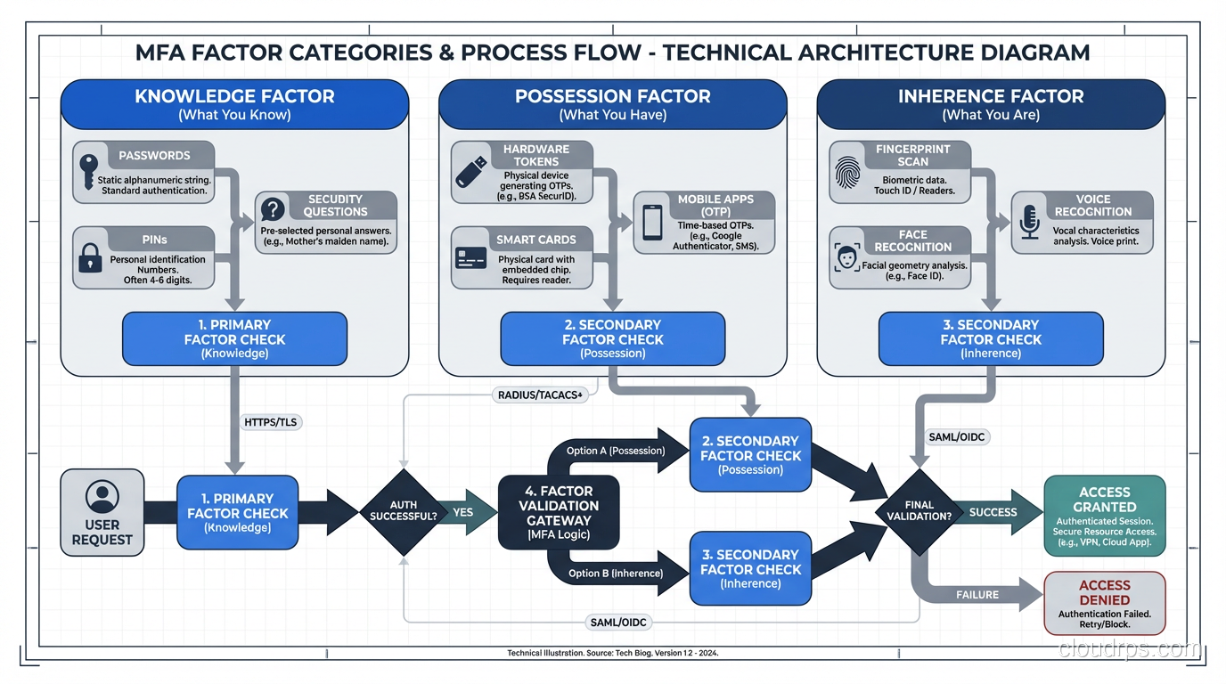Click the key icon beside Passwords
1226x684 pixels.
click(x=88, y=171)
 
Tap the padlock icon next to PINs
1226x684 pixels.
click(x=90, y=257)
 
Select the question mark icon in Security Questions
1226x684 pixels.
click(x=273, y=209)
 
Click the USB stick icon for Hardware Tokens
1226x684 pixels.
click(x=471, y=172)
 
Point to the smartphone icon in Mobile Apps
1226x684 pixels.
click(x=652, y=222)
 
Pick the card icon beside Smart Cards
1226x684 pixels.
click(x=470, y=258)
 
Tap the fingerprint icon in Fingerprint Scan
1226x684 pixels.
click(x=848, y=172)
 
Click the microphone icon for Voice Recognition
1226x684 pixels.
click(x=1030, y=222)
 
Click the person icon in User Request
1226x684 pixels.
click(x=102, y=496)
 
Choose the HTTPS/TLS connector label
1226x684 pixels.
click(x=271, y=421)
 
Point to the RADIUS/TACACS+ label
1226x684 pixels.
click(x=539, y=394)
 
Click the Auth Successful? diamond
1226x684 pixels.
click(x=404, y=511)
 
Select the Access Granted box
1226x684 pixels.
click(x=1104, y=516)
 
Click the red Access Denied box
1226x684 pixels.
click(x=1104, y=602)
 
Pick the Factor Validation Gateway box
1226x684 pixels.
click(x=559, y=512)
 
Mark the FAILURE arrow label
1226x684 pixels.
click(x=977, y=594)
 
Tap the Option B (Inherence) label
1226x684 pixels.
click(x=616, y=573)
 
